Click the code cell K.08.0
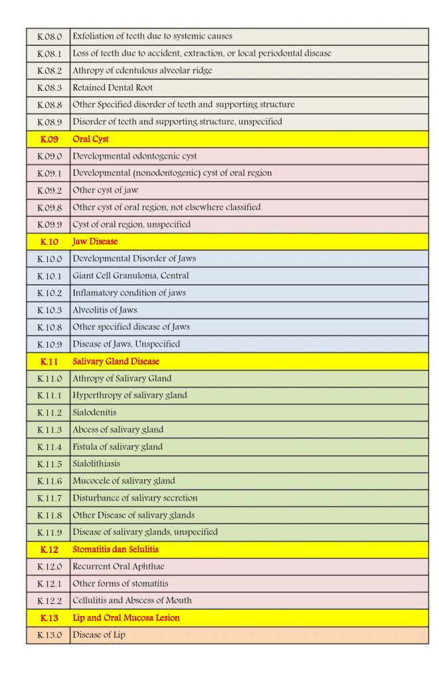[49, 36]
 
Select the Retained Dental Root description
[113, 88]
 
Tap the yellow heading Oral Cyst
[90, 139]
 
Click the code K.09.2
[49, 190]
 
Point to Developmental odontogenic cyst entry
[135, 156]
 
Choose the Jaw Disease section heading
[95, 242]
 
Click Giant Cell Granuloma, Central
[131, 275]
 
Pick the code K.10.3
[49, 310]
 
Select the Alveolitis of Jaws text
[105, 310]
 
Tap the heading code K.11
[49, 362]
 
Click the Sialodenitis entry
[94, 412]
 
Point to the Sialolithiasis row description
[96, 463]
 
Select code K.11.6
[49, 481]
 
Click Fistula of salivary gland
[118, 447]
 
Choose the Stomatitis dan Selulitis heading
[116, 550]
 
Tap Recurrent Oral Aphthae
[118, 566]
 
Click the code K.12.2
[49, 600]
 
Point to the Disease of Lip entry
[99, 635]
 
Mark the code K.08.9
[49, 122]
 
